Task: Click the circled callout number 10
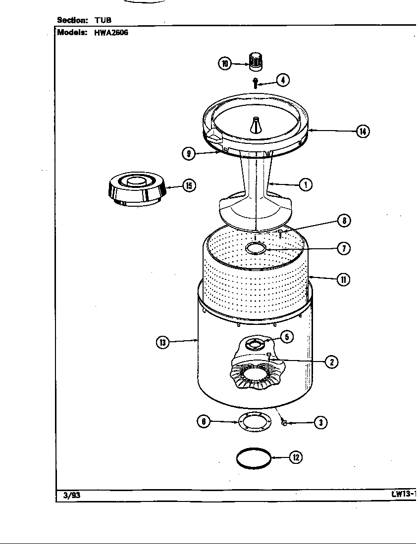pos(224,63)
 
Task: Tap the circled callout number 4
pos(283,80)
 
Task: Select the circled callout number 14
pos(363,131)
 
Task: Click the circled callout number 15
pos(189,185)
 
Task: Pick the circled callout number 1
pos(306,184)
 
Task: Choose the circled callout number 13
pos(162,342)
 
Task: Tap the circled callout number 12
pos(295,457)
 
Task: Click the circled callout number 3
pos(320,422)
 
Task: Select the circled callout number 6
pos(204,422)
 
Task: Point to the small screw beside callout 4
pos(256,83)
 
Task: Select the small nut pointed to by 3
pos(284,423)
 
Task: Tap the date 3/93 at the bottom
pos(72,495)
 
